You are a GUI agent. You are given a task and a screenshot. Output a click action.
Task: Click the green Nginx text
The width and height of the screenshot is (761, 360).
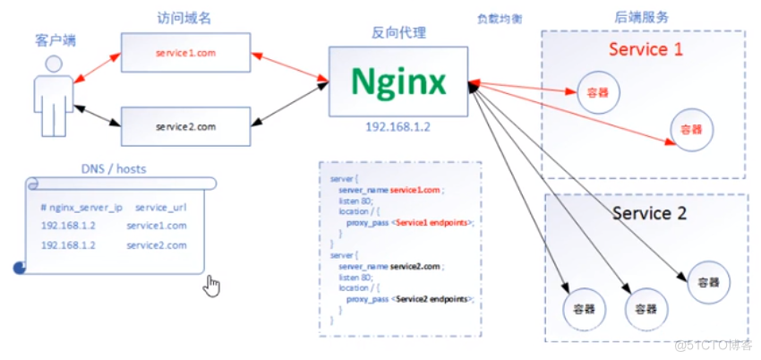[398, 82]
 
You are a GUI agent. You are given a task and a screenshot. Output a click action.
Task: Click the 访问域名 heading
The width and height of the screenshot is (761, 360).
[184, 17]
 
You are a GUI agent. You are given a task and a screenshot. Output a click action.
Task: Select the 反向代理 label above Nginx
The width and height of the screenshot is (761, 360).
[398, 33]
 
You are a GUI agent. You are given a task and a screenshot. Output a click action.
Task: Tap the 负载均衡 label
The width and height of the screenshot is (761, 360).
[499, 18]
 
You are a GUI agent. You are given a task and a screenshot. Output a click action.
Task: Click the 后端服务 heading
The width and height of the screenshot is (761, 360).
[643, 17]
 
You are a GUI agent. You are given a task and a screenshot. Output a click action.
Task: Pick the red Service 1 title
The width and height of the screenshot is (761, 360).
[646, 49]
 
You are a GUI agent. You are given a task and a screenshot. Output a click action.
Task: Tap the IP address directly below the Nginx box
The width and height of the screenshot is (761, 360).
[398, 127]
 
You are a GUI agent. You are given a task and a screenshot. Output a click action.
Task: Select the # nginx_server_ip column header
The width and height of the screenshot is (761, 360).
[81, 207]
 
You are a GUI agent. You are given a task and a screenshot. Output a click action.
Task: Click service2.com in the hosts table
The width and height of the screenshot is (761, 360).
[157, 244]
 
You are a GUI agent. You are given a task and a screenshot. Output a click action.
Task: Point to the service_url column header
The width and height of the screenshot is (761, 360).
[159, 207]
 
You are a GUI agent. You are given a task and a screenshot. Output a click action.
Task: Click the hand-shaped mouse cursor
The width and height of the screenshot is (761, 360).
[212, 286]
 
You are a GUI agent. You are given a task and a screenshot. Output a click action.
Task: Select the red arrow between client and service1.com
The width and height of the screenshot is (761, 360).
[96, 68]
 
